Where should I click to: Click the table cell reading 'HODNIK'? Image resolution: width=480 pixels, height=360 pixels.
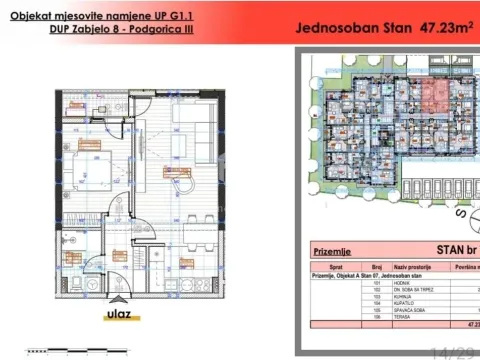[x=402, y=284]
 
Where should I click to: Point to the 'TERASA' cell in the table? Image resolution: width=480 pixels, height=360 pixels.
[x=401, y=317]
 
